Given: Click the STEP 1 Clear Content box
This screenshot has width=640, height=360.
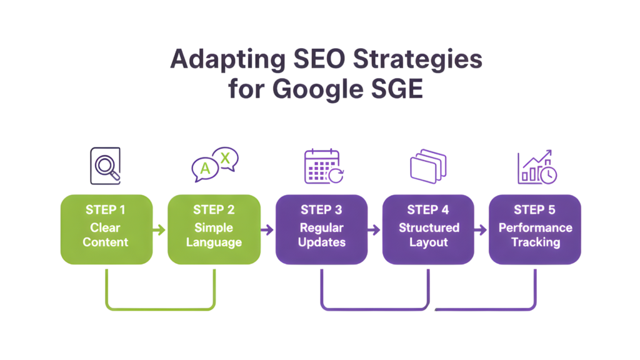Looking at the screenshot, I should pyautogui.click(x=106, y=229).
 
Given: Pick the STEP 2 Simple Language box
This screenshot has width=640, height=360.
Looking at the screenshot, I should pyautogui.click(x=214, y=229).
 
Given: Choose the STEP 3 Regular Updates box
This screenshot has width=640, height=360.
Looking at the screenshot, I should pyautogui.click(x=321, y=229).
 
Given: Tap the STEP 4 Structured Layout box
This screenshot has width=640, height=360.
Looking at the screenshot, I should pyautogui.click(x=428, y=229).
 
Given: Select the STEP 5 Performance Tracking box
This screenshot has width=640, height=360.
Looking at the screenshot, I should pyautogui.click(x=535, y=229).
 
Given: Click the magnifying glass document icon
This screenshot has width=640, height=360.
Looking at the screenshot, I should pyautogui.click(x=105, y=165).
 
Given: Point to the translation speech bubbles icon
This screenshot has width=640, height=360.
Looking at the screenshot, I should pyautogui.click(x=214, y=165).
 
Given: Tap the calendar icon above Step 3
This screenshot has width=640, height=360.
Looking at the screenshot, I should pyautogui.click(x=322, y=166).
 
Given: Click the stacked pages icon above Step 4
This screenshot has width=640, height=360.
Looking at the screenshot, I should pyautogui.click(x=429, y=166).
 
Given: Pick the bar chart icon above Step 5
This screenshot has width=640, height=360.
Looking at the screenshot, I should pyautogui.click(x=536, y=167).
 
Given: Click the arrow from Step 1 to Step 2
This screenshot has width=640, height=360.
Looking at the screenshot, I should pyautogui.click(x=160, y=230).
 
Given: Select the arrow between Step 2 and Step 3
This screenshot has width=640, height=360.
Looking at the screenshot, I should pyautogui.click(x=267, y=230).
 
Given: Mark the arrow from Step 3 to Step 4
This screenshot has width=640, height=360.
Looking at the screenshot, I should pyautogui.click(x=374, y=230).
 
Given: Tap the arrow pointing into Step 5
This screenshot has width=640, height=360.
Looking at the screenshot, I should pyautogui.click(x=481, y=230).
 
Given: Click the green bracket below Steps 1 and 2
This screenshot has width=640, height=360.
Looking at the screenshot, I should pyautogui.click(x=161, y=307).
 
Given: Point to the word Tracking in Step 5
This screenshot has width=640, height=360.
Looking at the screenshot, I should pyautogui.click(x=535, y=242).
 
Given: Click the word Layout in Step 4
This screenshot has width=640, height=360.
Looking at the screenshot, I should pyautogui.click(x=428, y=242).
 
